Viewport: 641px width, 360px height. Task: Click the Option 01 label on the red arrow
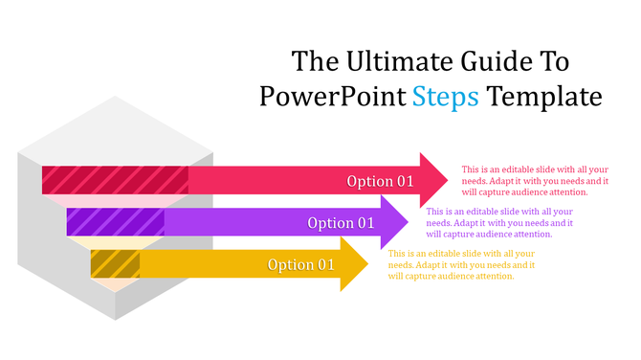pos(380,181)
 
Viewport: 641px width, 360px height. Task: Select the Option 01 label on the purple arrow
pos(341,223)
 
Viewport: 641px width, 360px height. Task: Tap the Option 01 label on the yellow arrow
pos(301,265)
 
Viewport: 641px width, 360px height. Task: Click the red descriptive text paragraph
pos(535,180)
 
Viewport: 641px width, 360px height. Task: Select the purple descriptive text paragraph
pos(498,222)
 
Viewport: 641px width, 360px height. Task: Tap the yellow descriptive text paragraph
pos(461,264)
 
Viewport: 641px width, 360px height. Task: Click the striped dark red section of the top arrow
pos(115,180)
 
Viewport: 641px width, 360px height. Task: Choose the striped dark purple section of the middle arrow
pos(115,222)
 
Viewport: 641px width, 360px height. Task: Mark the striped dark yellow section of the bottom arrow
pos(115,263)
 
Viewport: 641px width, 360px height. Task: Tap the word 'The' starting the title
pos(314,62)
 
